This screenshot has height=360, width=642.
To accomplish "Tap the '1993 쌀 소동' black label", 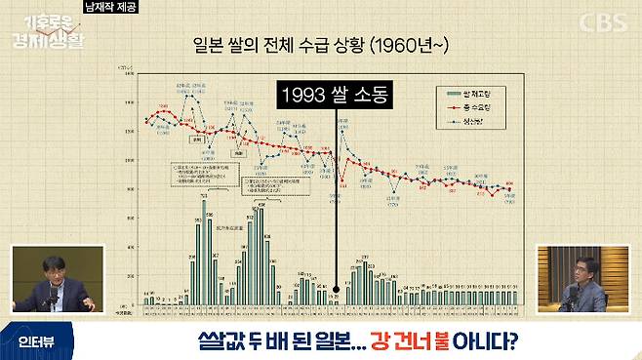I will pyautogui.click(x=334, y=95).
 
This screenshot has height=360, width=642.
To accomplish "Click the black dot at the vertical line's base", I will pyautogui.click(x=335, y=289).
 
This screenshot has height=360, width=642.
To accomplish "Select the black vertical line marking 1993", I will pyautogui.click(x=335, y=195).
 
